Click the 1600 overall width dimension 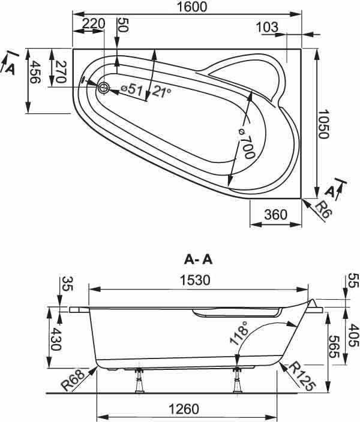point(192,7)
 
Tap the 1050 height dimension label point(323,124)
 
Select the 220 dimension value point(93,24)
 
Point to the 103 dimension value point(267,27)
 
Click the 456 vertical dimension point(35,72)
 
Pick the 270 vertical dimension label point(61,72)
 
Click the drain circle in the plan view point(103,88)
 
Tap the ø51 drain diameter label point(131,90)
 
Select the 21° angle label point(161,91)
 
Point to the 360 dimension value point(275,215)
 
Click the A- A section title point(199,260)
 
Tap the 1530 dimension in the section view point(195,280)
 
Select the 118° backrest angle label point(239,333)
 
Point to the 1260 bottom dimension point(184,409)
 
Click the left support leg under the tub point(139,380)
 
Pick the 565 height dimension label point(334,346)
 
